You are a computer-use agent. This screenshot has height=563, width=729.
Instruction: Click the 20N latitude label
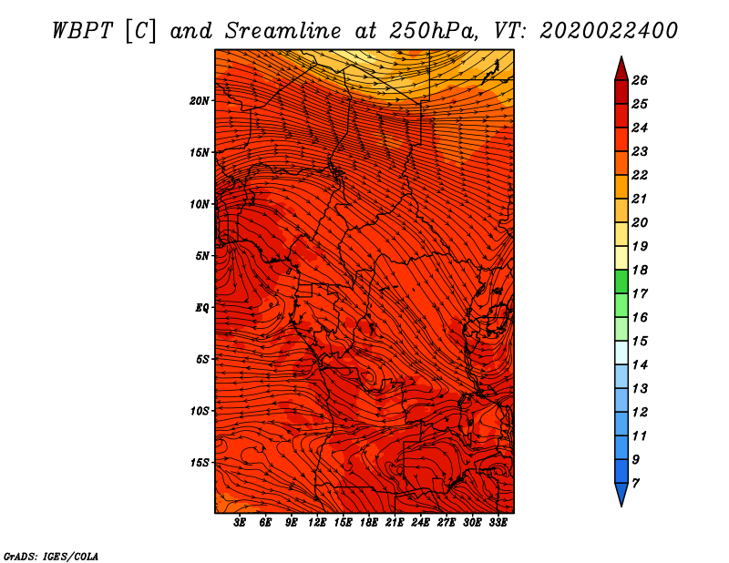[200, 101]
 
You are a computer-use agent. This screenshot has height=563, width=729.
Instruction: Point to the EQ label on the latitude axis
[201, 308]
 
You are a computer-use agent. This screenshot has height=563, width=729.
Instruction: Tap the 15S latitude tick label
[200, 463]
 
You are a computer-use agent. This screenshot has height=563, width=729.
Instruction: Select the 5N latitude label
[202, 256]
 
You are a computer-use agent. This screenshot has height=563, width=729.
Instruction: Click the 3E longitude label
[240, 523]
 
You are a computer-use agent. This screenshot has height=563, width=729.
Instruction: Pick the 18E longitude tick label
[369, 523]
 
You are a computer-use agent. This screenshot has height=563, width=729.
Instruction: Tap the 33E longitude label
[498, 523]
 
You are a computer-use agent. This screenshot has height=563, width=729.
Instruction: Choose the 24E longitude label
[420, 523]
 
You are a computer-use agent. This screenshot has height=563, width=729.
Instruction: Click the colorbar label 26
[640, 80]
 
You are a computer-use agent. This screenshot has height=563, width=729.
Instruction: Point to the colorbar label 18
[640, 270]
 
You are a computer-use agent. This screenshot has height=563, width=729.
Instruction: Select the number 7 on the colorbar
[635, 484]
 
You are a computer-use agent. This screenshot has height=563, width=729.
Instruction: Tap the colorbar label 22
[640, 175]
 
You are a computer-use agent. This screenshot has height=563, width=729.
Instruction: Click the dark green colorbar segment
[621, 281]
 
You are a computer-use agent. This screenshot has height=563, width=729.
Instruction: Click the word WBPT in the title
[83, 31]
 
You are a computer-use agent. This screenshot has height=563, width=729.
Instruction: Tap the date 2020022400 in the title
[609, 31]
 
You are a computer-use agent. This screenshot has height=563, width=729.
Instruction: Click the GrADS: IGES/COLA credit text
[51, 557]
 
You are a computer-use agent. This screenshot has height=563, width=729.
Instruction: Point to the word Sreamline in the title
[283, 31]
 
